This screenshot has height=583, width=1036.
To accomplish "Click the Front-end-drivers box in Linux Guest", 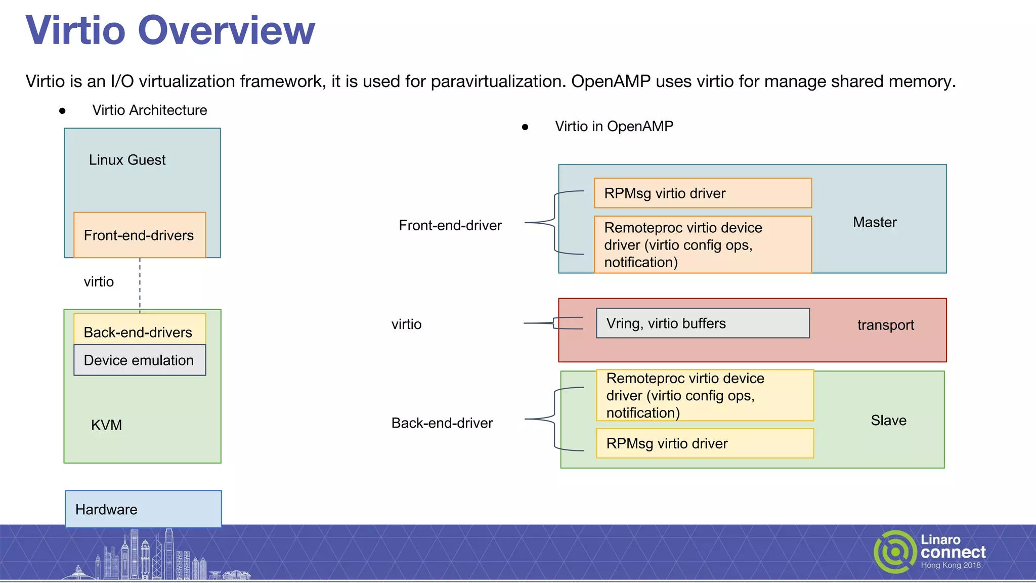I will [140, 235].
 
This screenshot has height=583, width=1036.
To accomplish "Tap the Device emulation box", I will [140, 360].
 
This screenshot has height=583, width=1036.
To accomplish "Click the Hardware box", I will [143, 509].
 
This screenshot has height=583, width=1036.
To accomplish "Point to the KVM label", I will [106, 425].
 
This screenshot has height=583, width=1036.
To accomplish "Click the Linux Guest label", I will [127, 160].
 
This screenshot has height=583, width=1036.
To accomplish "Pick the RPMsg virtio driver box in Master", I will [703, 193].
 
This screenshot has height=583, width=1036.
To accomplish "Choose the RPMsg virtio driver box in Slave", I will [705, 443].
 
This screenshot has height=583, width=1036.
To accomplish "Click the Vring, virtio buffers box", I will [703, 323].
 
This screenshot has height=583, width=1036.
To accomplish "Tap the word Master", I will [875, 222].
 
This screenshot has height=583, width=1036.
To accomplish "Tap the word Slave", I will [888, 421].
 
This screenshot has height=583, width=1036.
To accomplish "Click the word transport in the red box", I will [885, 325].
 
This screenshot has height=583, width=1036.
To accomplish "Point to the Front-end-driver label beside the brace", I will [450, 225].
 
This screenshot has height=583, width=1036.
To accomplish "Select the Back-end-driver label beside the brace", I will [442, 423].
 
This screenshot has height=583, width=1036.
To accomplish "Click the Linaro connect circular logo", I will [895, 552].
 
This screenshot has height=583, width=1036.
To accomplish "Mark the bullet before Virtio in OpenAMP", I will [525, 127].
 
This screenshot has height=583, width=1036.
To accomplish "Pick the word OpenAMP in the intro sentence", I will [611, 81].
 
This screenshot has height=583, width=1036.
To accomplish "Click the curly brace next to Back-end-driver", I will [554, 419].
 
